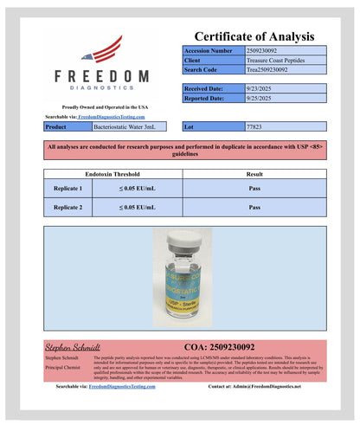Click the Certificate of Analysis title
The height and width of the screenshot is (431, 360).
click(254, 36)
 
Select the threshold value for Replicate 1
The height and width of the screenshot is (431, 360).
click(138, 188)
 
